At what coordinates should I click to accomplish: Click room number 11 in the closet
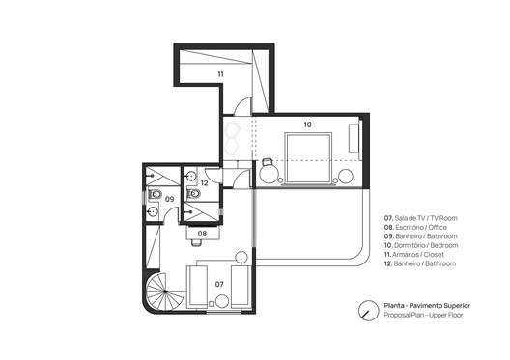(x=220, y=73)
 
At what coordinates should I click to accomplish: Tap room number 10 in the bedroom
(x=307, y=125)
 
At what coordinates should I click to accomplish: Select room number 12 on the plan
(x=205, y=182)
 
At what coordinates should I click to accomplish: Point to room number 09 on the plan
(x=169, y=199)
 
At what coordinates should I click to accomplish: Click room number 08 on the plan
(x=203, y=233)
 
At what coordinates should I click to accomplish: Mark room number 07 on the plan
(x=219, y=284)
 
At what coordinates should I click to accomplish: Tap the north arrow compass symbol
(x=367, y=311)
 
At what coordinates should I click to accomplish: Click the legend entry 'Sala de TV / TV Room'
(x=420, y=218)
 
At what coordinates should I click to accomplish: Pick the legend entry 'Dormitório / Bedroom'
(x=423, y=246)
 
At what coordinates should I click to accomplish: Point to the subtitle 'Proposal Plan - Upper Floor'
(x=426, y=316)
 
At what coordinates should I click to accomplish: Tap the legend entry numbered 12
(x=424, y=265)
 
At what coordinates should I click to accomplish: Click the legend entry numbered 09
(x=424, y=236)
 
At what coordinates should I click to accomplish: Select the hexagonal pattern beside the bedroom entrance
(x=233, y=134)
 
